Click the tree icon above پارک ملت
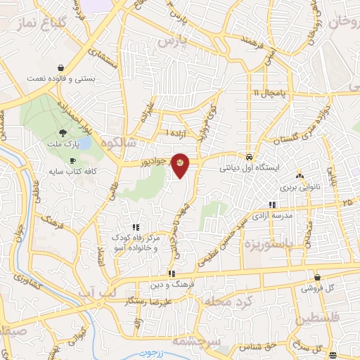(63, 132)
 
